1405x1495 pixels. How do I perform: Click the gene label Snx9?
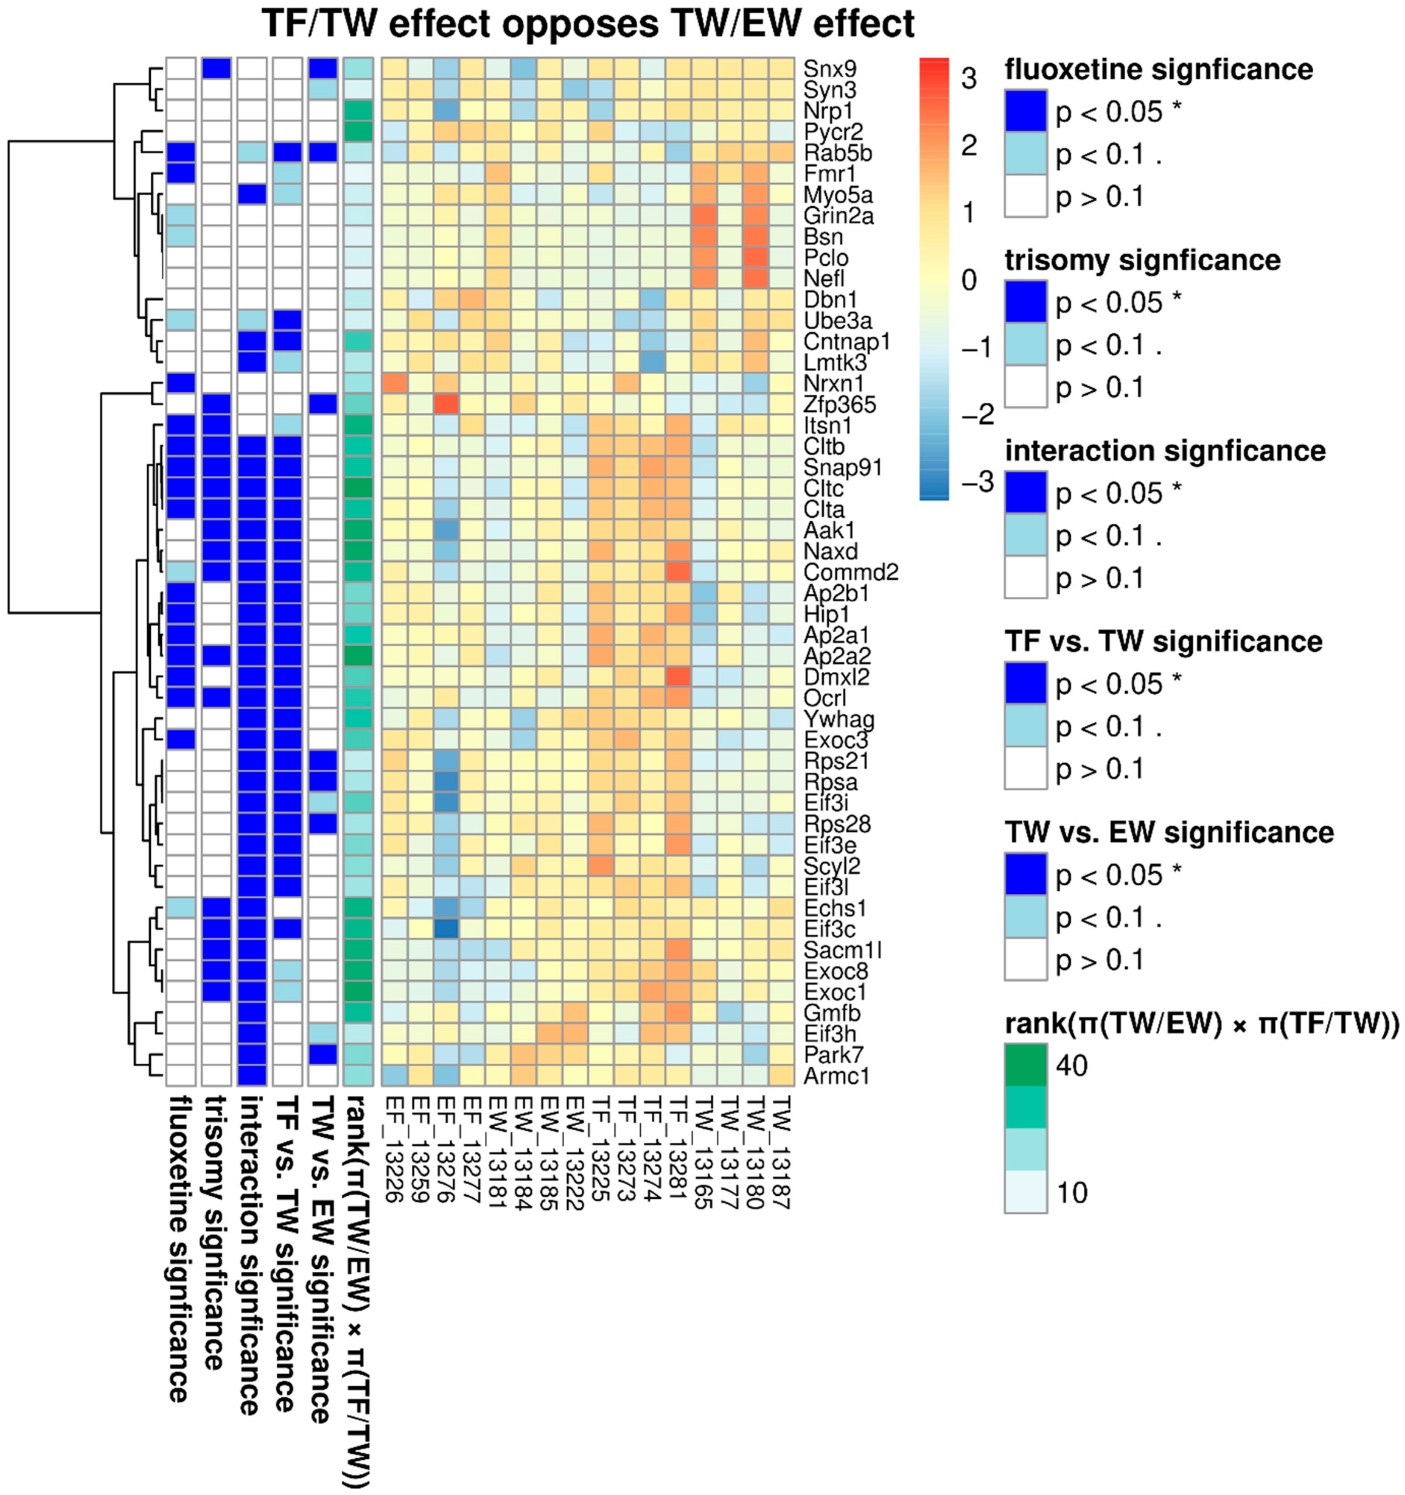click(x=830, y=68)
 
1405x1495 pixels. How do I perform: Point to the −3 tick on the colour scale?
click(x=978, y=481)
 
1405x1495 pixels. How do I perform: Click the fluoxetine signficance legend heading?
click(x=1158, y=69)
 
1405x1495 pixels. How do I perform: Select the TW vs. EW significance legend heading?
click(x=1169, y=832)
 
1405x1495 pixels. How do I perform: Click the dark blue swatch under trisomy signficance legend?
click(x=1025, y=302)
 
